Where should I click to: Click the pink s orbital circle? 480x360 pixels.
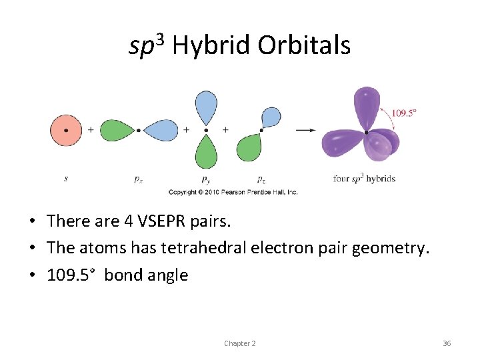pos(65,130)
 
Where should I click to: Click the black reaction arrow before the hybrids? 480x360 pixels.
pos(305,130)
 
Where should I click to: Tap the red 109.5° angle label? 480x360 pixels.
pos(403,113)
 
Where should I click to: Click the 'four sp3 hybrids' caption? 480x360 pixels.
pos(364,179)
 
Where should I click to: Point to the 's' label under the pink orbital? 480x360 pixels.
pos(65,179)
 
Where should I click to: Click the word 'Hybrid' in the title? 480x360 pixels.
pos(211,45)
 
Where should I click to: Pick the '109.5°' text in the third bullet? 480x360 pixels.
pos(73,275)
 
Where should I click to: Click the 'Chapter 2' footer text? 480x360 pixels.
pos(240,343)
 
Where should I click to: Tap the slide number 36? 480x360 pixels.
pos(447,343)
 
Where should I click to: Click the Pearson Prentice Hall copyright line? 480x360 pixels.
pos(233,192)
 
